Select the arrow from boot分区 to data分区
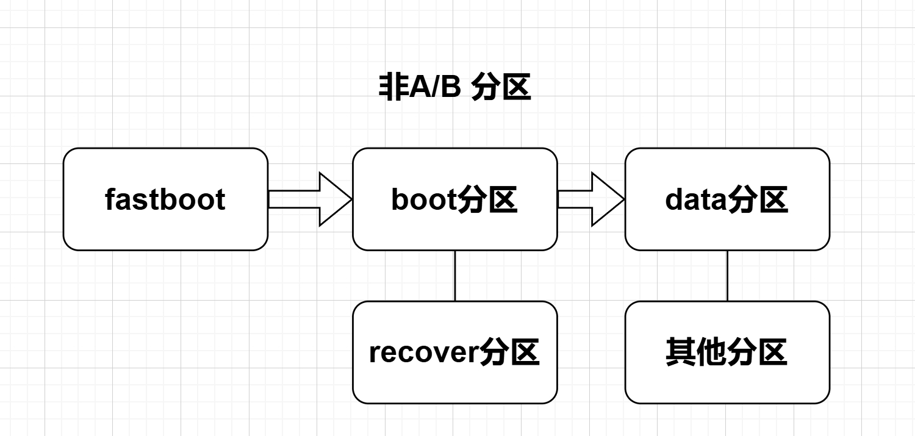click(x=589, y=199)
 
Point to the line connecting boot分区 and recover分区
click(x=455, y=276)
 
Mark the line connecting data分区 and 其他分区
click(x=727, y=276)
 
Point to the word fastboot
click(x=165, y=199)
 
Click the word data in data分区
click(x=695, y=199)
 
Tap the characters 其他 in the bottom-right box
click(x=696, y=352)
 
